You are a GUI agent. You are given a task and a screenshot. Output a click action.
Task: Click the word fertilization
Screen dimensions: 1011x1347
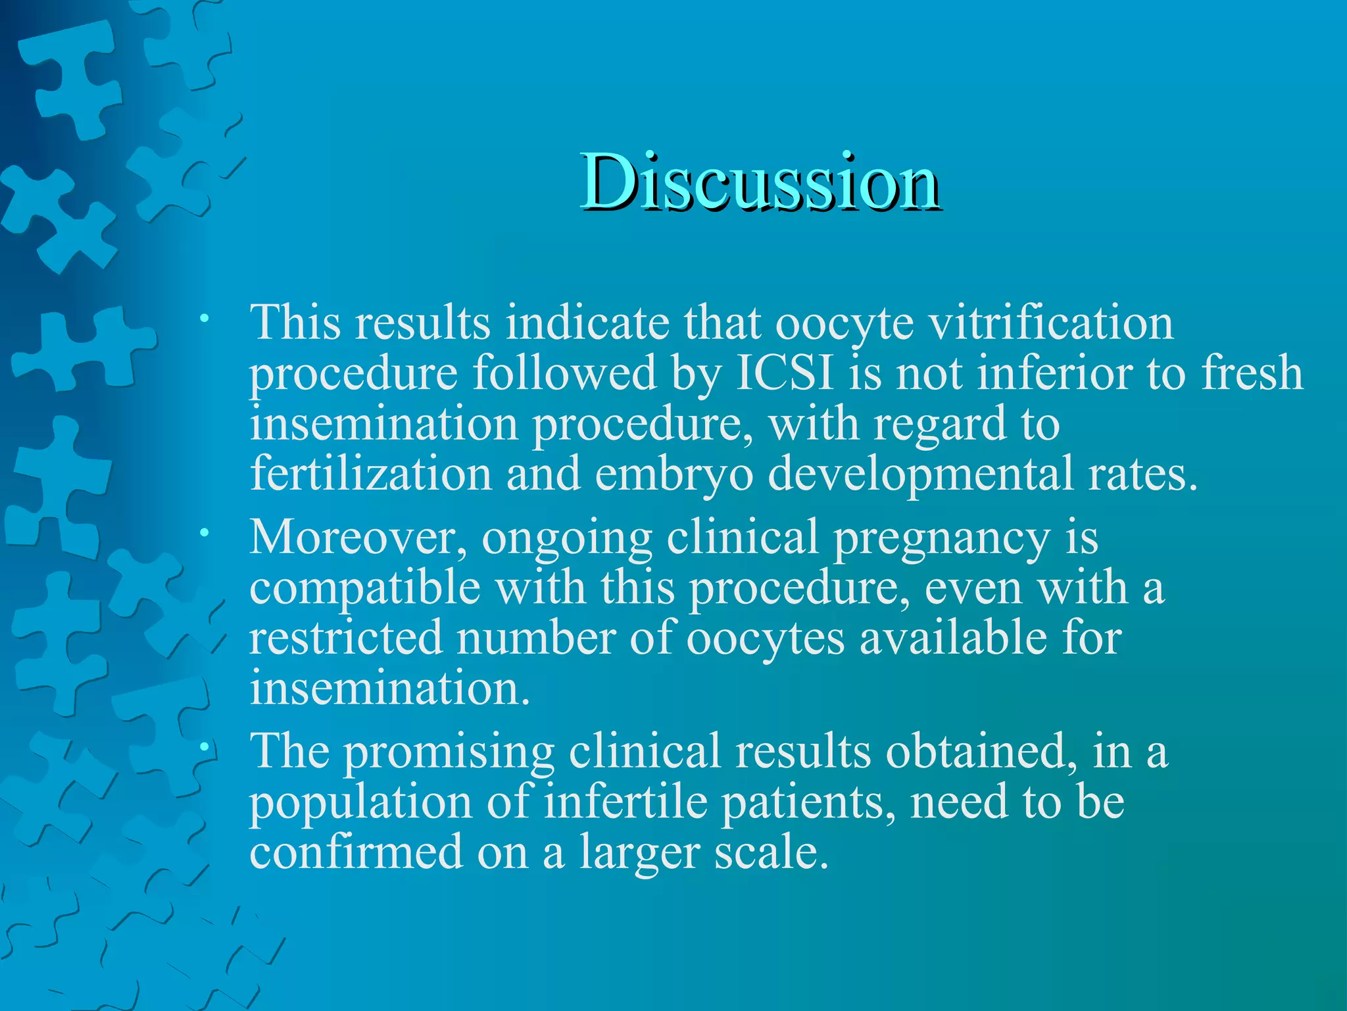371,473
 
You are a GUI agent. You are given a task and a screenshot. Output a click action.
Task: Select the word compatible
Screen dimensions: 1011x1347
365,588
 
